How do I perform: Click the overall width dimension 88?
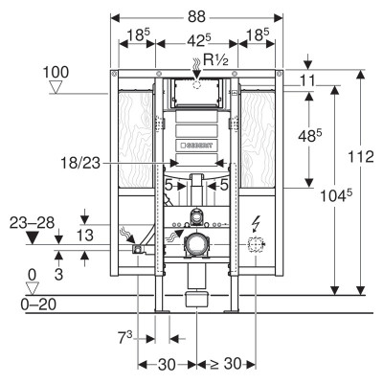point(196,17)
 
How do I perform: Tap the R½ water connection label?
point(216,59)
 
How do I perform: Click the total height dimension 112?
point(360,157)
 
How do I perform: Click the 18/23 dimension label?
point(80,164)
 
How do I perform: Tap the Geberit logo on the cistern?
point(196,146)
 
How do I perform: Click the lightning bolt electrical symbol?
point(257,224)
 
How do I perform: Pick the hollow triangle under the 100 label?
point(56,87)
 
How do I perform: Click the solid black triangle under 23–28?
point(33,237)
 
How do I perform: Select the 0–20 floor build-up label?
point(38,304)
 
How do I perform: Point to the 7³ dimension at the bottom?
point(125,338)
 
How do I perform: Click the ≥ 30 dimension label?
point(226,364)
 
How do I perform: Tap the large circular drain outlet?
point(195,244)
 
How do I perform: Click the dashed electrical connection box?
point(256,245)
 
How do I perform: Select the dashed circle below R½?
point(197,84)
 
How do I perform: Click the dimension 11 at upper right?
point(307,80)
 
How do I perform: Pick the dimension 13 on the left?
point(85,236)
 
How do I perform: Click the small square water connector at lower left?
point(138,250)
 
